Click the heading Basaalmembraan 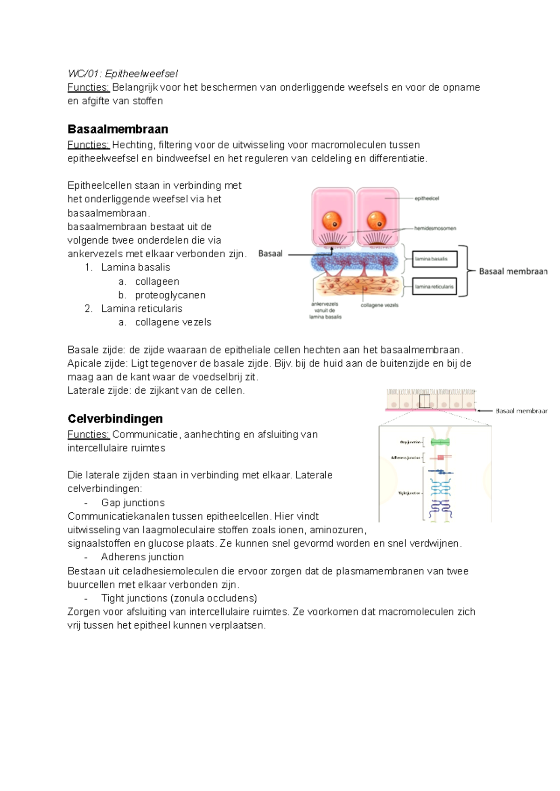pos(118,129)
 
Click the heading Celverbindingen pos(115,418)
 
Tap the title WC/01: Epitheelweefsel pos(123,73)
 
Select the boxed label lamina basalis pos(434,259)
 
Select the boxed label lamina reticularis pos(434,287)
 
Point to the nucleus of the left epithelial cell pos(332,220)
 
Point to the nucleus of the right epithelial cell pos(376,220)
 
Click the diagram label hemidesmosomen pos(435,228)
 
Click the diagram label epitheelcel pos(427,198)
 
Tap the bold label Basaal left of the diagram pos(270,254)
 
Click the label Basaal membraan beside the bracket pos(513,271)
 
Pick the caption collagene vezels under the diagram pos(379,305)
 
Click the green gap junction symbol pos(440,442)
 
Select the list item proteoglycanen pos(170,295)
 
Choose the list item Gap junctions pos(133,502)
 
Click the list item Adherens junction pos(142,557)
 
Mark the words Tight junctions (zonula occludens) pos(179,598)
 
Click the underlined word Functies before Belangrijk pos(88,87)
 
